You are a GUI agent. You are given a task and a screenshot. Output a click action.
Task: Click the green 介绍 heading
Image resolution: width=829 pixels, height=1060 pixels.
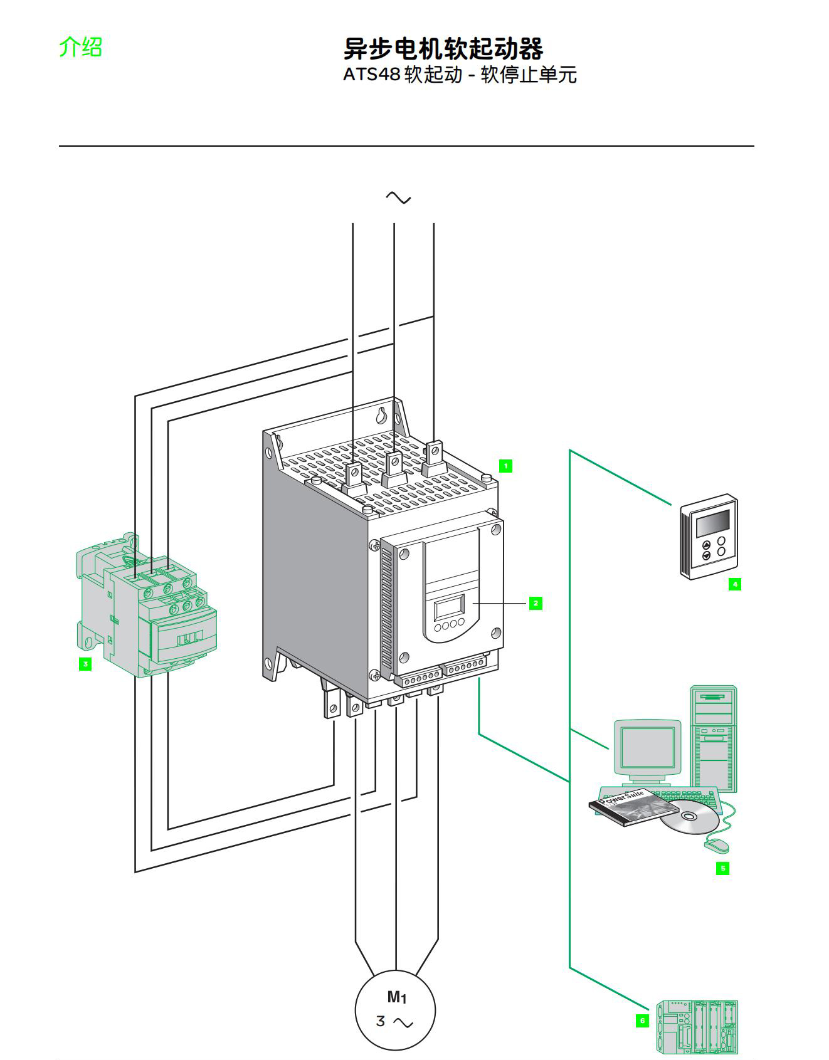(80, 47)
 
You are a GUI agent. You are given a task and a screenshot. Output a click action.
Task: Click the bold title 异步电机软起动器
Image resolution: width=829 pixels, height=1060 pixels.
(443, 48)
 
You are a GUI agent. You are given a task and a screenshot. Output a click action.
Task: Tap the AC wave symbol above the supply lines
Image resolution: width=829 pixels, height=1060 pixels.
(398, 198)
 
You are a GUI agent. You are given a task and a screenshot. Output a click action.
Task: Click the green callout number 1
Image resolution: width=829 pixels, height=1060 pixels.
(505, 466)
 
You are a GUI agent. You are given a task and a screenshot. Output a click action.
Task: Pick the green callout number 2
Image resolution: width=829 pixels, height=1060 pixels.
(535, 603)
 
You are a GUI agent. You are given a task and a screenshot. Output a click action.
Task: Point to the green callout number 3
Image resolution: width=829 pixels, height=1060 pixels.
(85, 663)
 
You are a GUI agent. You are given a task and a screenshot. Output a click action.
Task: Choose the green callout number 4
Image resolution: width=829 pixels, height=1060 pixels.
(735, 584)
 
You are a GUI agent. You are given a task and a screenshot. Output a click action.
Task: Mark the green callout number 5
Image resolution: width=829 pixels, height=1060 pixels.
(722, 868)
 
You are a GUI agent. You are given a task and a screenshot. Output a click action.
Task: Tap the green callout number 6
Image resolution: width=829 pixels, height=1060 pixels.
(642, 1021)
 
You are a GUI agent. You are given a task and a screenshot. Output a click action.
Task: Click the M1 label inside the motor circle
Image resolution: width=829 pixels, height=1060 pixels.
(396, 997)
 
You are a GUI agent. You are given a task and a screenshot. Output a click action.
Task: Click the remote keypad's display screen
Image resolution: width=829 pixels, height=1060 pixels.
(713, 523)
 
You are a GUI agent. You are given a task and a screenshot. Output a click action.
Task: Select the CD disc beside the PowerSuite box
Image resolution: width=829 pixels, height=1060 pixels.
(689, 816)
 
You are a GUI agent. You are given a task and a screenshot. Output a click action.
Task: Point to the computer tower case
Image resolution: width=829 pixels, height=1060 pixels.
(714, 737)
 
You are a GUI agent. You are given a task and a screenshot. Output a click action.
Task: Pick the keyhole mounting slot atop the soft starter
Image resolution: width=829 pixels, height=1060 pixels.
(382, 415)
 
